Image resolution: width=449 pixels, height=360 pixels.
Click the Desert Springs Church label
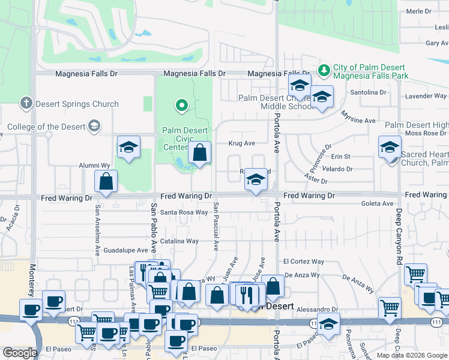(68, 104)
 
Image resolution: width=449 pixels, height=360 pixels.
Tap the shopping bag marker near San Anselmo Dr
(106, 182)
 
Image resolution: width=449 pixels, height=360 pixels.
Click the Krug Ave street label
(242, 143)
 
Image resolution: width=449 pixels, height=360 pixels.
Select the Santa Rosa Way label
(184, 212)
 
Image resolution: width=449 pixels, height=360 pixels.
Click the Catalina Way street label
(179, 241)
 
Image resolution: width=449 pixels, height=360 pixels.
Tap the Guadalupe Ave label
(125, 250)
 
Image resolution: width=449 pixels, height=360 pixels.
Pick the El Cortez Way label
(303, 262)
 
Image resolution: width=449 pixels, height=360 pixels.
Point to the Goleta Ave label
(377, 204)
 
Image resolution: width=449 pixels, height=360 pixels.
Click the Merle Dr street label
(419, 11)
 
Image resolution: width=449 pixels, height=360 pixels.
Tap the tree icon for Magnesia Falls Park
(324, 71)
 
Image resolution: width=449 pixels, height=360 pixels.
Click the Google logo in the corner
(20, 353)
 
